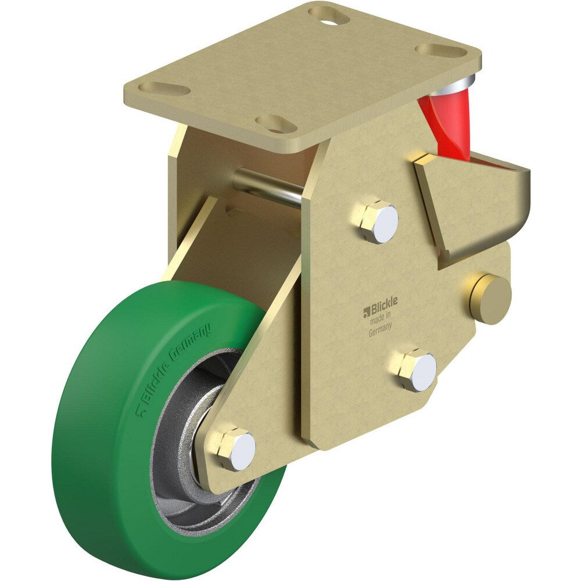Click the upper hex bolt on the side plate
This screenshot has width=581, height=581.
coord(378,222)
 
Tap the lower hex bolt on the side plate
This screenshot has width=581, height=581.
coord(418,370)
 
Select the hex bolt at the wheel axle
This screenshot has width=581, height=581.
coord(236,449)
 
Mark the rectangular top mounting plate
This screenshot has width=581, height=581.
coord(302,76)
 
